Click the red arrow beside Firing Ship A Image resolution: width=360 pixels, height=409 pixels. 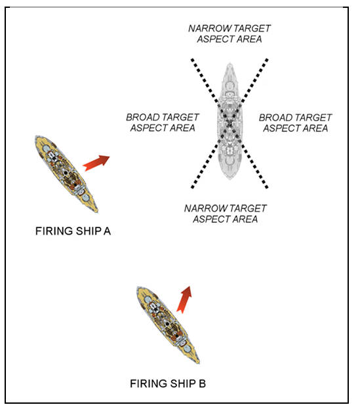(96, 163)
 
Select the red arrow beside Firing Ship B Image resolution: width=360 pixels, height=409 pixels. (184, 299)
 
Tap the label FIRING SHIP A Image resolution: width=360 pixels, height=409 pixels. (73, 231)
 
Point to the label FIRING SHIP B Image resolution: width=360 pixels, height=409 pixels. (168, 383)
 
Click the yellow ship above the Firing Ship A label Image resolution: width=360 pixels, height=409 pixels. (66, 174)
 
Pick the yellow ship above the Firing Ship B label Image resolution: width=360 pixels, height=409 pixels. (168, 324)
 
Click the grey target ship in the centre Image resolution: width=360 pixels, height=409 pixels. (230, 121)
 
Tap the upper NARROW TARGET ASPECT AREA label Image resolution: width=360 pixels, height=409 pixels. (230, 33)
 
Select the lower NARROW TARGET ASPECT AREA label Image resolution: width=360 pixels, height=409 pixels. (226, 214)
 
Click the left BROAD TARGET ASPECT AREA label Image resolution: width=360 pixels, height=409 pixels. (163, 123)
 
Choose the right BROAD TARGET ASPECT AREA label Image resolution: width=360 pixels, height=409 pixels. (295, 123)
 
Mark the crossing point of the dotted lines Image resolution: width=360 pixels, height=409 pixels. (230, 123)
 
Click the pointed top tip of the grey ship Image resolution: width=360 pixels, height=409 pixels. (230, 64)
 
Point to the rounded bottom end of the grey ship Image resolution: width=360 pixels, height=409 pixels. (230, 179)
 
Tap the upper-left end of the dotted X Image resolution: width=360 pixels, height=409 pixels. (192, 60)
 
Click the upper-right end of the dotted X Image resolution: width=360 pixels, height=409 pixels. (267, 60)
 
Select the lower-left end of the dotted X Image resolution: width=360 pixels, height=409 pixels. (193, 187)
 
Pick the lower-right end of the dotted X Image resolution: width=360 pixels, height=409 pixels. (266, 187)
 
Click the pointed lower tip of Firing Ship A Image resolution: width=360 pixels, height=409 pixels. (97, 211)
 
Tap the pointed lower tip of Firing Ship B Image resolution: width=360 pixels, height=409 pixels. (199, 362)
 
